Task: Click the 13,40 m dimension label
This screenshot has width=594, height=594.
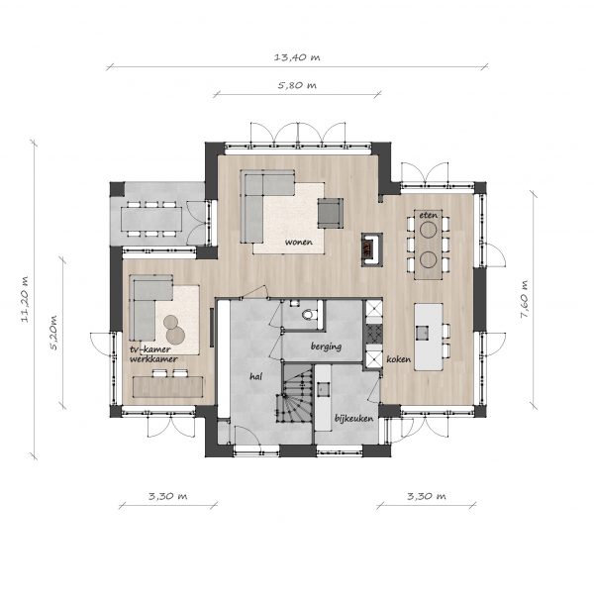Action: click(297, 57)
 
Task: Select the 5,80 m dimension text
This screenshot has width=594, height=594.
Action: click(297, 85)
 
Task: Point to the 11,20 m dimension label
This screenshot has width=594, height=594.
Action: click(24, 300)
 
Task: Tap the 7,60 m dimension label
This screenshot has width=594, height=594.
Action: click(524, 299)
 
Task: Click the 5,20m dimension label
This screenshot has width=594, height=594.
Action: click(53, 333)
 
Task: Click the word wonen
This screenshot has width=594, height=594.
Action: click(299, 242)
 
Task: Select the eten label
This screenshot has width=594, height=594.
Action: click(428, 215)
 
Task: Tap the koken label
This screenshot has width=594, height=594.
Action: click(398, 358)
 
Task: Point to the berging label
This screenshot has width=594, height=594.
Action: click(326, 346)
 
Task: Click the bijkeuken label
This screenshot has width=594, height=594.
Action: click(353, 418)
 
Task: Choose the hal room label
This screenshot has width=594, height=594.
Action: click(255, 376)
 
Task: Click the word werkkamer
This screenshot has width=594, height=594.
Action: click(153, 358)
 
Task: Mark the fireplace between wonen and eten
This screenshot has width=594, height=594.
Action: click(371, 249)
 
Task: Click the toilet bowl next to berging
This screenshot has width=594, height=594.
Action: click(308, 315)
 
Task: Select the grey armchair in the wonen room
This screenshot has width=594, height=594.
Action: click(331, 213)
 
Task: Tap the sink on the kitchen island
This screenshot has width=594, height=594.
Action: click(422, 333)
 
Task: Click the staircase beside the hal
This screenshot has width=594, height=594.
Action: click(298, 392)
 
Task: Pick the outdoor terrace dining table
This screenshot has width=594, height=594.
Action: click(151, 220)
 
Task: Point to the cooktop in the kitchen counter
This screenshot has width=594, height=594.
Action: click(374, 333)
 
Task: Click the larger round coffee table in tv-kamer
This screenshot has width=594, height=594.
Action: click(175, 335)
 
